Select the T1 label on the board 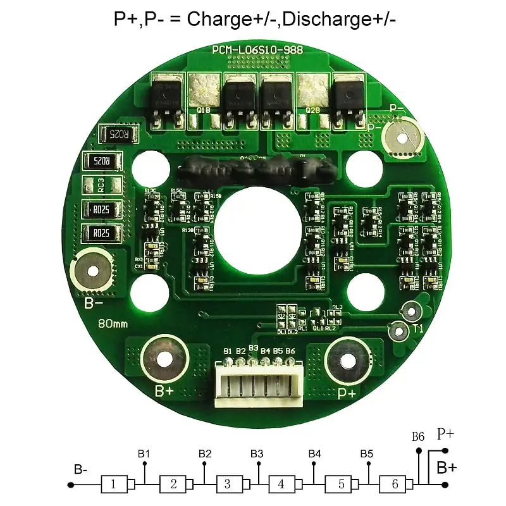pyautogui.click(x=418, y=328)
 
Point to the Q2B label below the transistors pyautogui.click(x=312, y=111)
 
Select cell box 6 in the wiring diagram pyautogui.click(x=395, y=484)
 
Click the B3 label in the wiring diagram pyautogui.click(x=257, y=454)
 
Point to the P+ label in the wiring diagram pyautogui.click(x=445, y=434)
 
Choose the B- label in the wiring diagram pyautogui.click(x=80, y=469)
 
